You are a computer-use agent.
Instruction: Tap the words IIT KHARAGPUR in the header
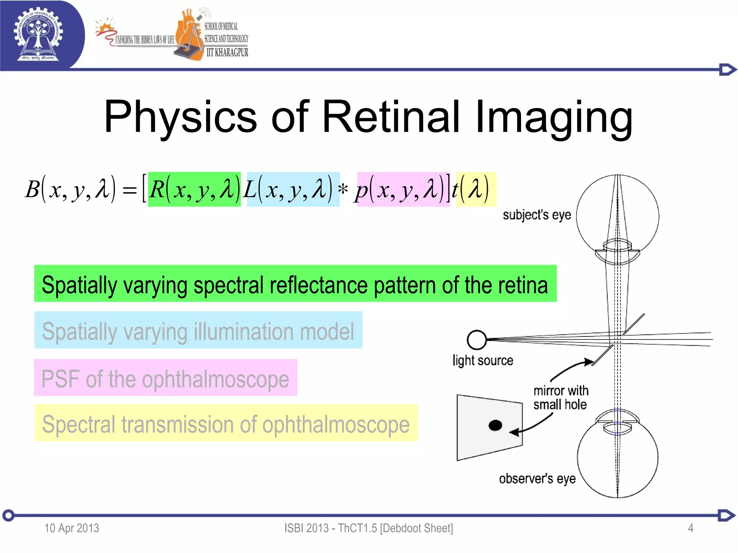227,53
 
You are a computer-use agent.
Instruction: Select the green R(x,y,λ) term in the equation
194,189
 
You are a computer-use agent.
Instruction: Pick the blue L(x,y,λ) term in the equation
293,189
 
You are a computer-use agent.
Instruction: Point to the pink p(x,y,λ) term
403,189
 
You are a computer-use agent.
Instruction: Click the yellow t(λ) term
476,189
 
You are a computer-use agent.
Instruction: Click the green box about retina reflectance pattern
295,284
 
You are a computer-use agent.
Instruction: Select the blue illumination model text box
198,330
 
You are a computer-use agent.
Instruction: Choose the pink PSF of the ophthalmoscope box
165,378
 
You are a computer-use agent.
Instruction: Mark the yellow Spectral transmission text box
226,423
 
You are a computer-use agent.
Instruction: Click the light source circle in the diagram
476,340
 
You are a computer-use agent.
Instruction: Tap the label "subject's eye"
537,215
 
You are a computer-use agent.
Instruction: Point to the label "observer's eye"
537,479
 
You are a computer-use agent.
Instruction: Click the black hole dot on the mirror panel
495,425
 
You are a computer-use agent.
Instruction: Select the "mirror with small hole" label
560,397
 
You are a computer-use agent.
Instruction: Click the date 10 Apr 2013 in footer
71,528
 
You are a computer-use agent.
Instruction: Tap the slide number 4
690,528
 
